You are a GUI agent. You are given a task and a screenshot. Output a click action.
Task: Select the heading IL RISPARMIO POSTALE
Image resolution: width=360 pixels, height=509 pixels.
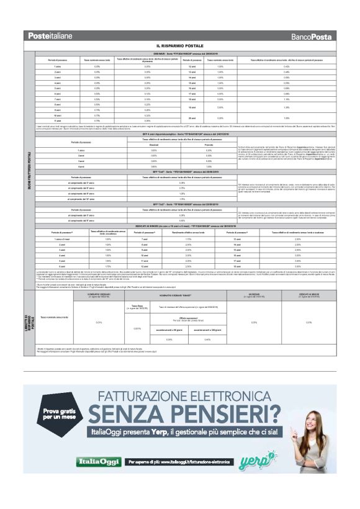(180, 47)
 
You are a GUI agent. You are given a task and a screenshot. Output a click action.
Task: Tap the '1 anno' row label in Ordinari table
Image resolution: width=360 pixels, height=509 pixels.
(57, 66)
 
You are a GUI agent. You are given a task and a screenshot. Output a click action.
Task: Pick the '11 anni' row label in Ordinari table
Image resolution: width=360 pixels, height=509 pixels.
(57, 120)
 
